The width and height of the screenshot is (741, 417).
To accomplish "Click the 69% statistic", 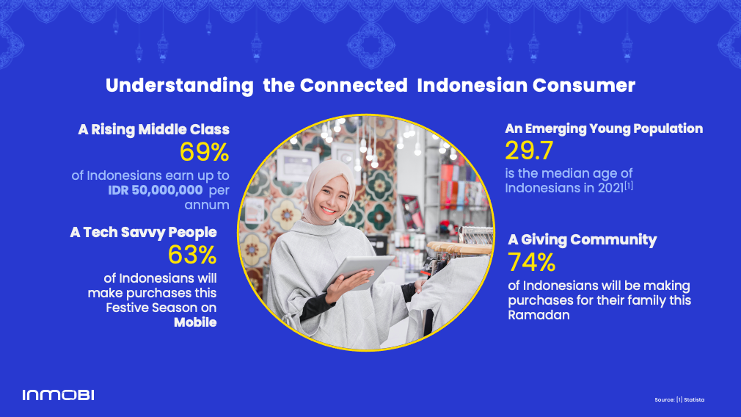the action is coord(204,152).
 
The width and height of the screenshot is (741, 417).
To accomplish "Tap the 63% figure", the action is coord(192,255).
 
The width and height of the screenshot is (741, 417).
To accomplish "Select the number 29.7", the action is coord(529,151).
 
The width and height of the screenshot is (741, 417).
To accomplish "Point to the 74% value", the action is coord(531,262).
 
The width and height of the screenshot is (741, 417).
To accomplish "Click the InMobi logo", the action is coord(58,395).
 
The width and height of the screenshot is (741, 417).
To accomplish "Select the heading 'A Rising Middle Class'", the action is coord(153,129).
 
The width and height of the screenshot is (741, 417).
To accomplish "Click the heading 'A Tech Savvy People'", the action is coord(143,232).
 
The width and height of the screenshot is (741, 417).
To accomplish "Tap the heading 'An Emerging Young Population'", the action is coord(604,128).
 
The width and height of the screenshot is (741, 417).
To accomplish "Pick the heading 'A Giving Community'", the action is coord(583,240).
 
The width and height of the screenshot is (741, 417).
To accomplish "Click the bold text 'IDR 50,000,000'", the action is coord(155,191).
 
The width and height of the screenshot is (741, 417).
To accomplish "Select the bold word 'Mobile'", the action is coord(195,322).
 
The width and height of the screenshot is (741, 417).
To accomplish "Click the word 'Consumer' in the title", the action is coord(584,86).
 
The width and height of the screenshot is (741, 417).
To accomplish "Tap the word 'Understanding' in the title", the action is coord(180,86).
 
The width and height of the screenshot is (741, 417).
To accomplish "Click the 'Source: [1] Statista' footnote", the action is coord(679,400).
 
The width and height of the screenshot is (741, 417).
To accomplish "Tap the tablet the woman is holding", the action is coord(359,273).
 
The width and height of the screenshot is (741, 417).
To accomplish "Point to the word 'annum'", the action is coord(207,205).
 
